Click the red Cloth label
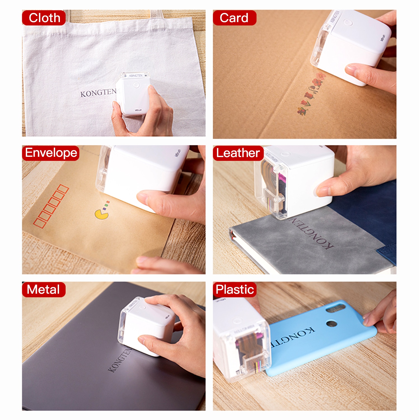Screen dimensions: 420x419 (x=44, y=18)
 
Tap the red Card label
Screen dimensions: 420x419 (x=234, y=18)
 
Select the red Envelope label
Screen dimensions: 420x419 (x=51, y=153)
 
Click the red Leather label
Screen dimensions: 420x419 (x=238, y=153)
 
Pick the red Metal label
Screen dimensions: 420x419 (x=44, y=290)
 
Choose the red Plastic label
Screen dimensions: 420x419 (x=235, y=290)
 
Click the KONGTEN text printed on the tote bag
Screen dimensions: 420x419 (x=98, y=93)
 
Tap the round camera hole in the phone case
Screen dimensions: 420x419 (x=331, y=324)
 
